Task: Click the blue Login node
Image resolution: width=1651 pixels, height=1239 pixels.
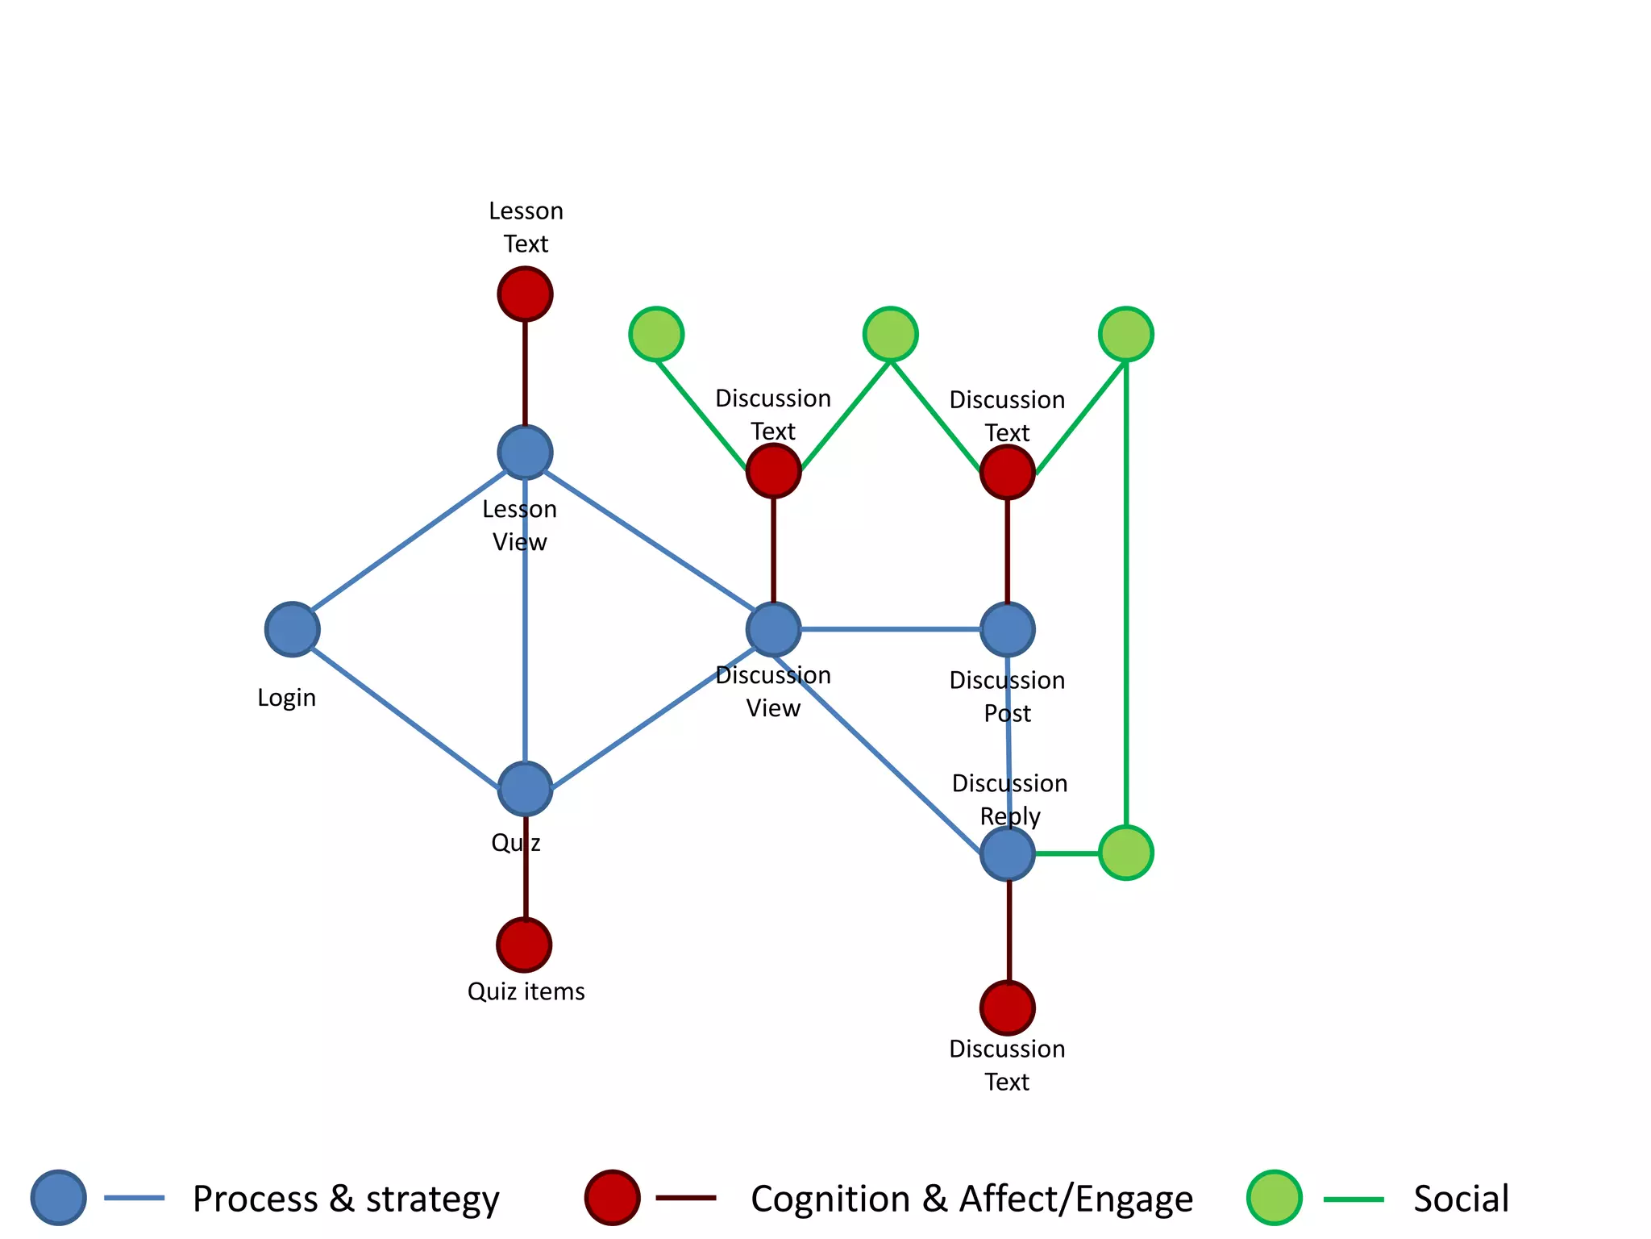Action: point(292,629)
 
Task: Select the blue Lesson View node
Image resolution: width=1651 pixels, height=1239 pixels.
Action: point(525,453)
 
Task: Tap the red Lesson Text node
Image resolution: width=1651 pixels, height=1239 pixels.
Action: point(525,294)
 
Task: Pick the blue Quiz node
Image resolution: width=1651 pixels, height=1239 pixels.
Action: point(525,789)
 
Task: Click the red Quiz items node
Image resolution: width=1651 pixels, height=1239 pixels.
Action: point(524,945)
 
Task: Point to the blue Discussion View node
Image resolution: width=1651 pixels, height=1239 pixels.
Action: point(773,629)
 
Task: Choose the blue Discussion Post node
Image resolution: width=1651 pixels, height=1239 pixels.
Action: point(1007,629)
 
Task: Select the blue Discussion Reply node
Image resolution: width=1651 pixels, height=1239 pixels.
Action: point(1008,853)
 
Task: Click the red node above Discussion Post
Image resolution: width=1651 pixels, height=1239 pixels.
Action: point(1007,472)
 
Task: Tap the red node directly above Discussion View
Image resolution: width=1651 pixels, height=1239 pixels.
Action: point(773,470)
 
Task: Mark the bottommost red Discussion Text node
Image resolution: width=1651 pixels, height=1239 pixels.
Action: point(1008,1007)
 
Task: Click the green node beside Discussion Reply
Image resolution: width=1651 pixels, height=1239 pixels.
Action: point(1126,853)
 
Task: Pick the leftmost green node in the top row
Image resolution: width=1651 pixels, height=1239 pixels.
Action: point(656,334)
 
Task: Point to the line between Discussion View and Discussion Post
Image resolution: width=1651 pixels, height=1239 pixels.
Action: point(891,629)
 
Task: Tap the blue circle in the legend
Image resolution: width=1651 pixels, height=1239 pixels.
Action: point(59,1198)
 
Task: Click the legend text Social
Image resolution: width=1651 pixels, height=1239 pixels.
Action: point(1461,1199)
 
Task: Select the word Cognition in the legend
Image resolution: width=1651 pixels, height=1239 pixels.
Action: point(830,1199)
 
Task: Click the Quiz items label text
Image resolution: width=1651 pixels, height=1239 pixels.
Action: point(526,991)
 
